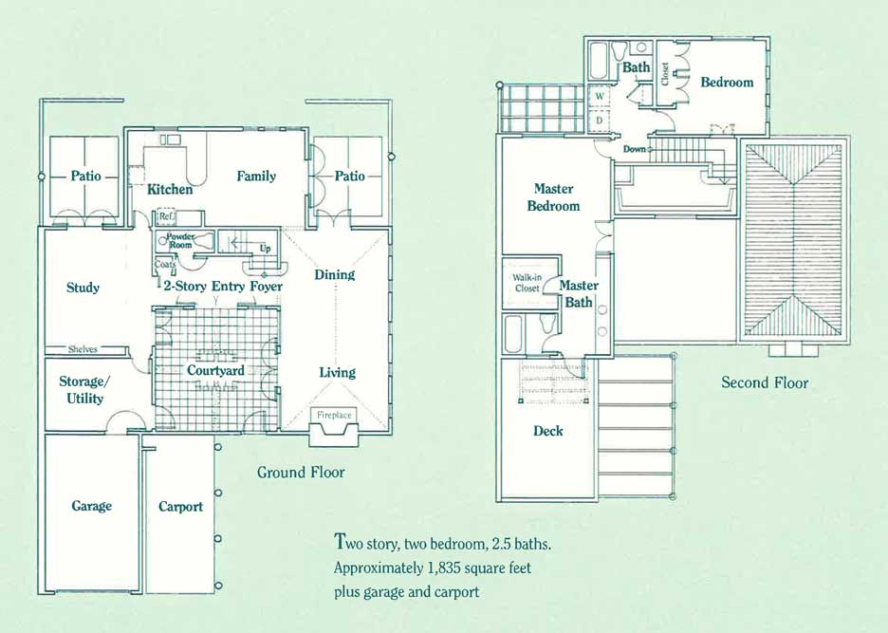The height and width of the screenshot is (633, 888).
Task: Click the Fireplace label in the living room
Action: (334, 415)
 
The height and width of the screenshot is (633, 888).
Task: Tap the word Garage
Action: (92, 506)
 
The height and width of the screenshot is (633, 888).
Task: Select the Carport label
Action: (180, 507)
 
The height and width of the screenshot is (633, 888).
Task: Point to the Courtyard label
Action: (215, 371)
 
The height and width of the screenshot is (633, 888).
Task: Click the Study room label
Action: (83, 288)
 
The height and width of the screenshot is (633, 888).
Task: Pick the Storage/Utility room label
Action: (82, 390)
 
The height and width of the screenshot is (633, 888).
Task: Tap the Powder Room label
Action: (180, 241)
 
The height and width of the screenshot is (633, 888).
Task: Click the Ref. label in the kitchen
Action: (167, 216)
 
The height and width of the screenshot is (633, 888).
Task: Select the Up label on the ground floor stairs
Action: (265, 249)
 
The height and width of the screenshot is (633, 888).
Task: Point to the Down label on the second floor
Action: (635, 149)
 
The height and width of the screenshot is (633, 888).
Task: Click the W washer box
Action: (600, 97)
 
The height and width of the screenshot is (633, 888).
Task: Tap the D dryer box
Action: (600, 121)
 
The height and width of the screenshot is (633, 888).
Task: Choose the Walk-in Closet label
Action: (527, 283)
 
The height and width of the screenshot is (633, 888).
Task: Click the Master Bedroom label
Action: (553, 197)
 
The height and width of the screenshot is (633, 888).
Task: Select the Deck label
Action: (548, 431)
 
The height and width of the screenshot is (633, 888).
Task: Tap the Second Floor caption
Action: (765, 383)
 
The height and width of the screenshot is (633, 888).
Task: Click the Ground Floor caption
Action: (301, 472)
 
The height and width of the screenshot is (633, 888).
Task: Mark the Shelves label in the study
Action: (83, 349)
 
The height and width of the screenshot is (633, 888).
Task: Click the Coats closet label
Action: (165, 264)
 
